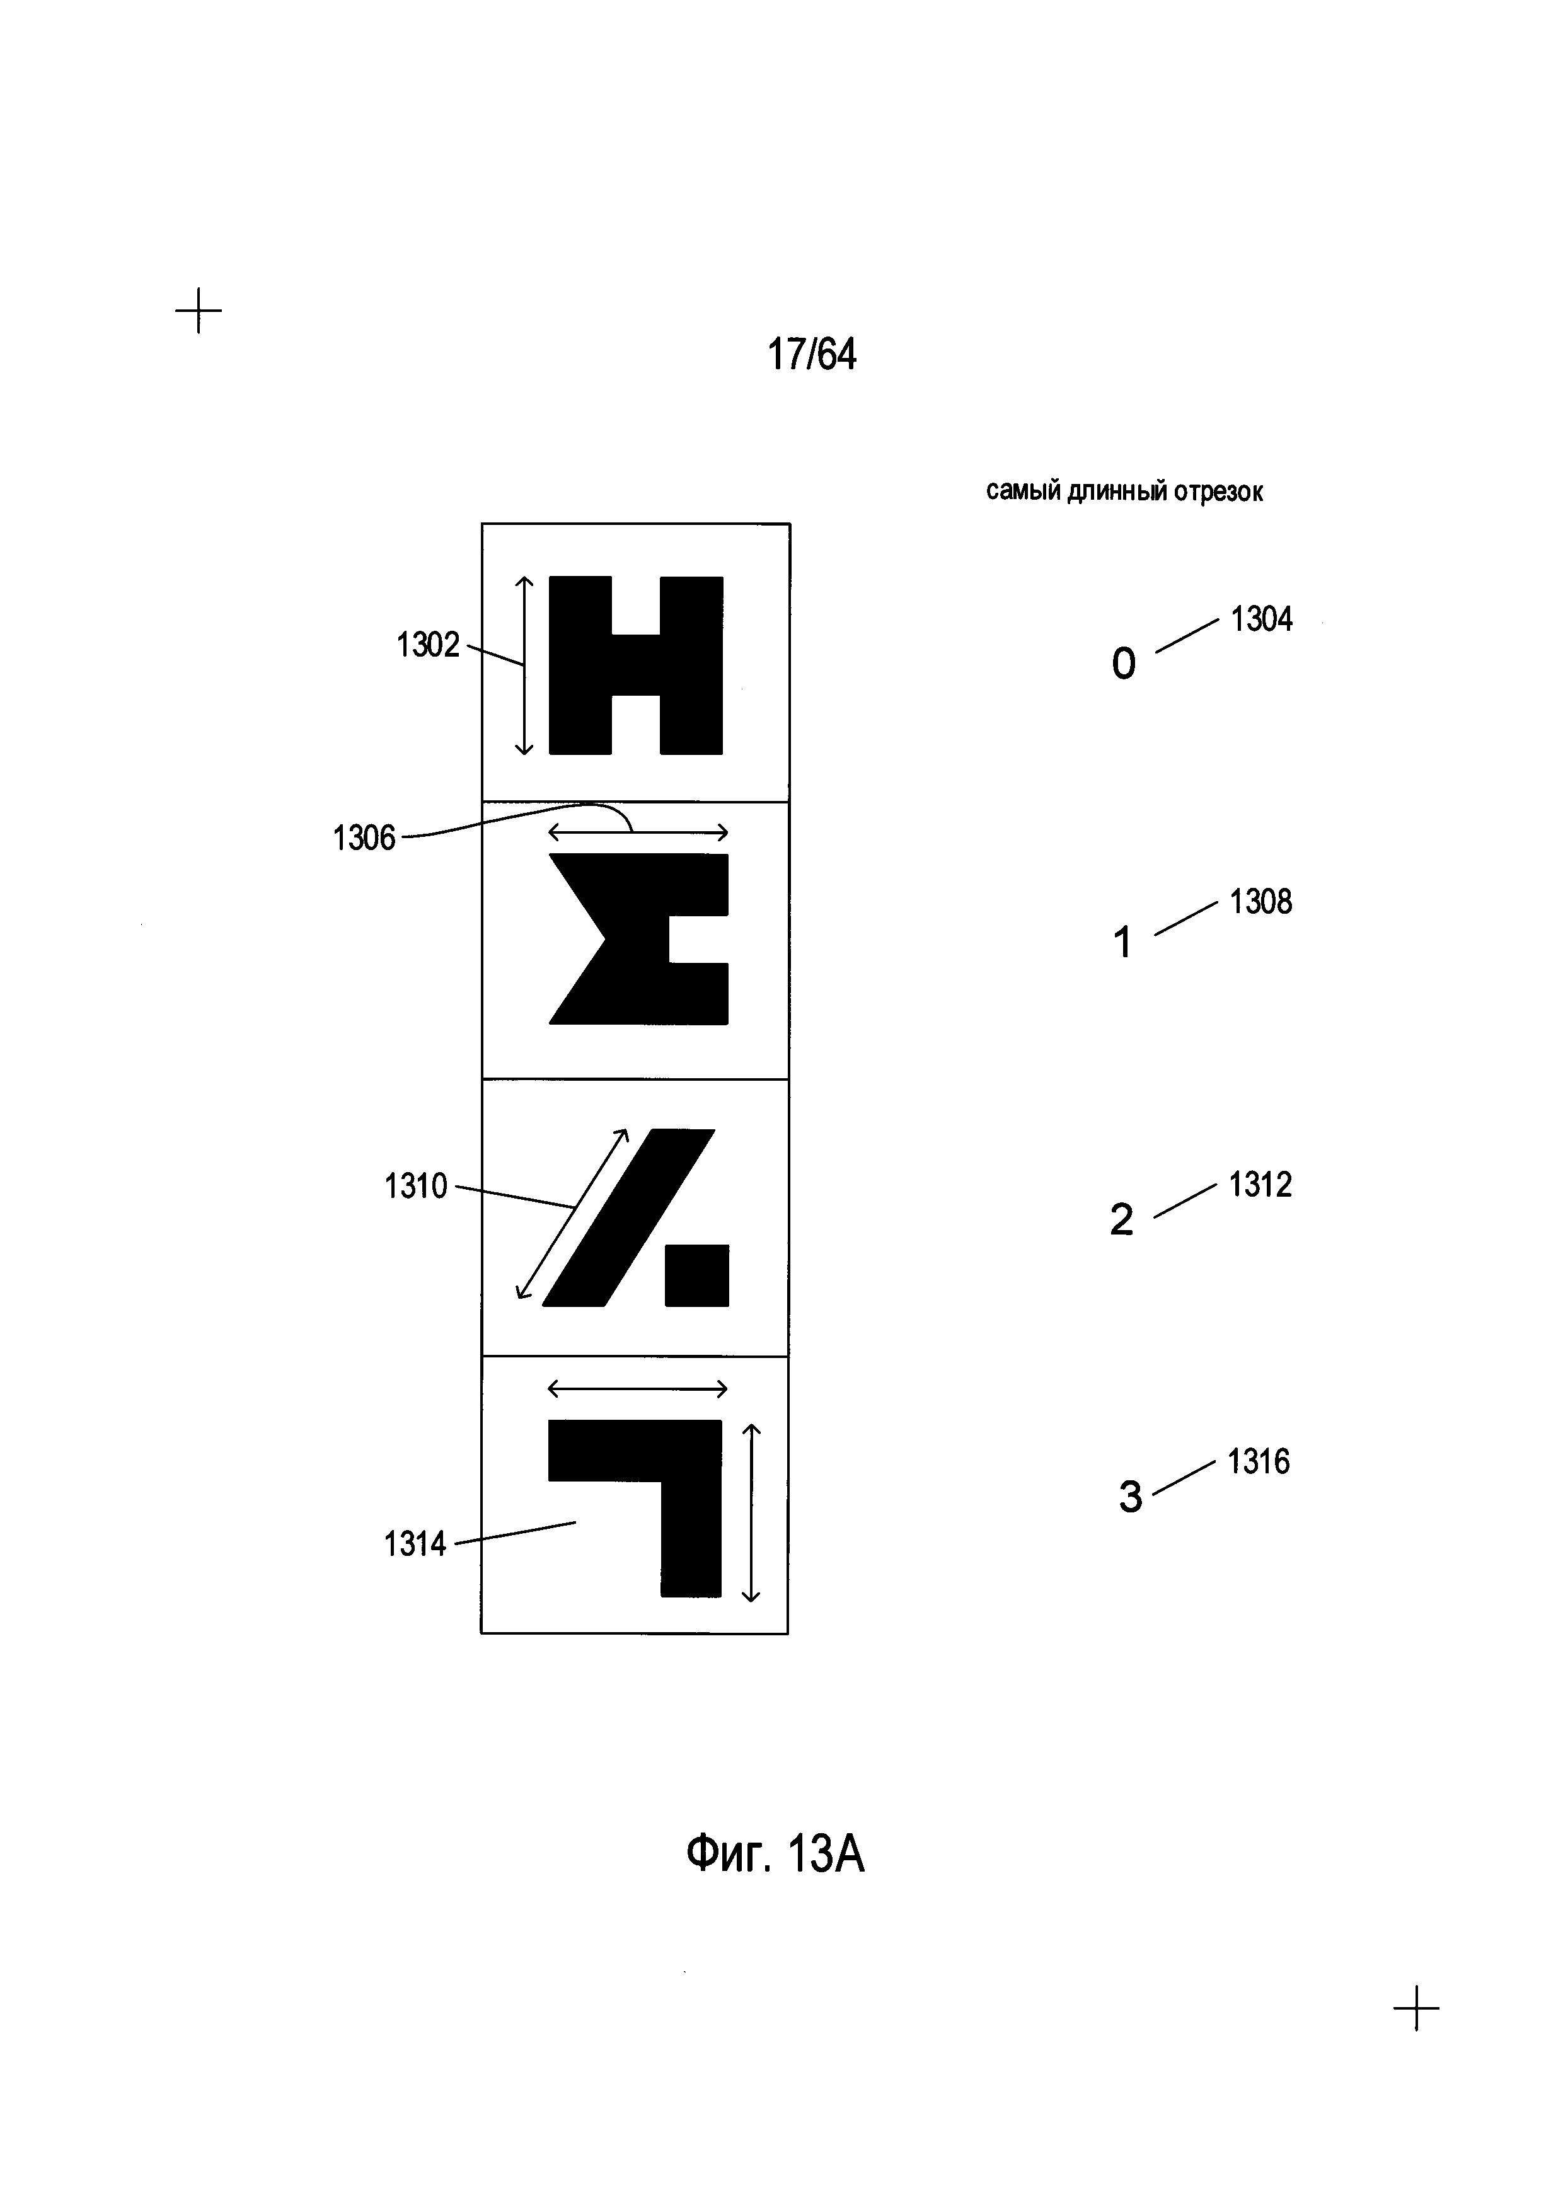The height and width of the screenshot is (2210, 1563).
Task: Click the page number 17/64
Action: click(x=811, y=354)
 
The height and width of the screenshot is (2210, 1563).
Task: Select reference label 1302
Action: click(x=429, y=645)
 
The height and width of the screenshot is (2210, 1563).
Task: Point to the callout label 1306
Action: click(x=364, y=838)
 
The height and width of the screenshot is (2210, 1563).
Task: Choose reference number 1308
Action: click(x=1260, y=902)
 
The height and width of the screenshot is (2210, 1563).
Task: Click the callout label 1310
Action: click(x=416, y=1186)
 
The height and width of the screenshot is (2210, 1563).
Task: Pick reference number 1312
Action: click(x=1260, y=1185)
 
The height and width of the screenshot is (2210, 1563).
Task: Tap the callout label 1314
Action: click(x=415, y=1544)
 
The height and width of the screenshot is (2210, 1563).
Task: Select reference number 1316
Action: click(x=1258, y=1462)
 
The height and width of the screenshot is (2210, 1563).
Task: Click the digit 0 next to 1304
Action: click(x=1123, y=664)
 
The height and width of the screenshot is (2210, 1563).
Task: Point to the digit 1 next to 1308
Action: click(x=1121, y=942)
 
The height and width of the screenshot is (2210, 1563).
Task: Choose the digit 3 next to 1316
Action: click(x=1130, y=1497)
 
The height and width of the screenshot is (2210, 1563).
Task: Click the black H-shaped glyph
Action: click(x=635, y=664)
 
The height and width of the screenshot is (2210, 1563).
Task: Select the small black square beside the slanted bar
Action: click(x=697, y=1275)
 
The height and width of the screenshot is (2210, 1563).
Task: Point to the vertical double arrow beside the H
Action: click(x=524, y=665)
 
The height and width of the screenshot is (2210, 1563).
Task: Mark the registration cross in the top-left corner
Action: click(x=199, y=311)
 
